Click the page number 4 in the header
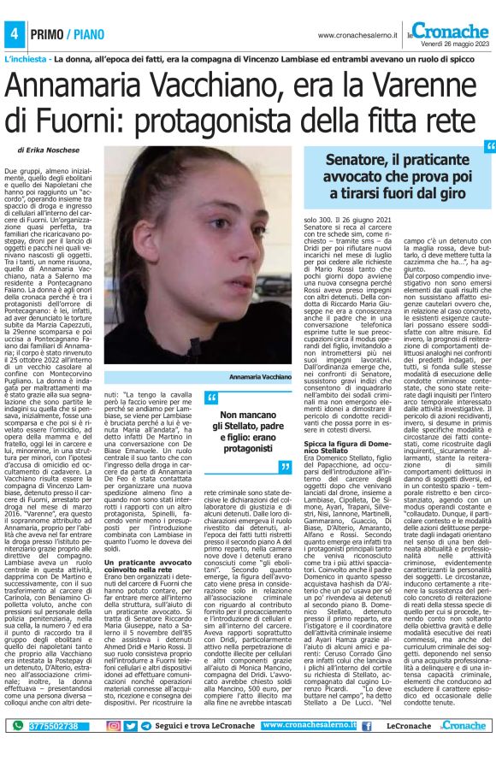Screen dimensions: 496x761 tap(15, 34)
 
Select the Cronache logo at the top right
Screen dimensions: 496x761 tap(452, 30)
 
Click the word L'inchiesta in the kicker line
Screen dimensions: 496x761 tap(27, 62)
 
